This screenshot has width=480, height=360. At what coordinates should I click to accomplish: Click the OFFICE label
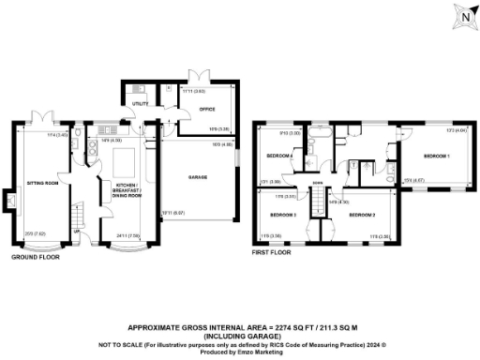pos(207,108)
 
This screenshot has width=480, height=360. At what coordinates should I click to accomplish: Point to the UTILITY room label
pos(140,103)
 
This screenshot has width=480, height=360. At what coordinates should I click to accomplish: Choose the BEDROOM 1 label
pos(435,155)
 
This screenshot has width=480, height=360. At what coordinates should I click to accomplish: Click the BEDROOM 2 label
pos(363,216)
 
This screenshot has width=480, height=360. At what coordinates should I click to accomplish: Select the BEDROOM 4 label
pos(279,155)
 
